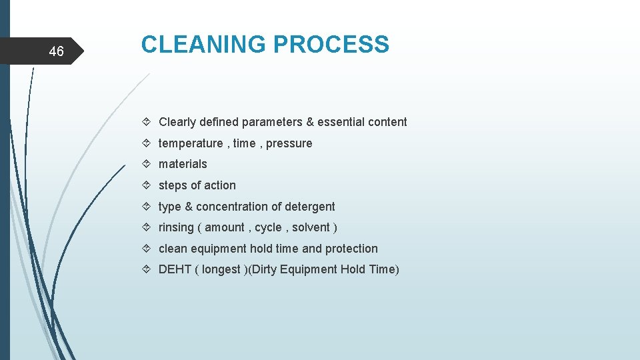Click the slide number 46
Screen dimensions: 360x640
pos(57,51)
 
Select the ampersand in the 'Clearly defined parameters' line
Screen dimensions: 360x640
pos(309,122)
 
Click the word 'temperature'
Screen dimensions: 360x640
pos(191,143)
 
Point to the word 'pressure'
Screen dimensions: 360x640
pos(289,143)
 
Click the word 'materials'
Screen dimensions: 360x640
pos(183,164)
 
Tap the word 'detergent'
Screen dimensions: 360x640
pos(309,207)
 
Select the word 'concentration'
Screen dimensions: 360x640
pos(231,207)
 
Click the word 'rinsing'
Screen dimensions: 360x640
pos(176,227)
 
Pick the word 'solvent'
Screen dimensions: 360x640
pos(310,227)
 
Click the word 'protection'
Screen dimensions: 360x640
pos(351,249)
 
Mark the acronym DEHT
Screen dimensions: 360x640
pos(174,269)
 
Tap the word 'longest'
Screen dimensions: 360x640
pos(221,269)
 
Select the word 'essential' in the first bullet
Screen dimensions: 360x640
pos(341,122)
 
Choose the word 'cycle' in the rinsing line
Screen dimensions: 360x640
pos(268,227)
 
